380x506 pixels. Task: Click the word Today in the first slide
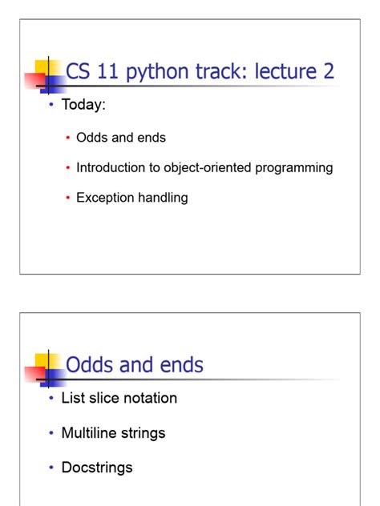pos(83,106)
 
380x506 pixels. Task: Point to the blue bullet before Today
pos(51,106)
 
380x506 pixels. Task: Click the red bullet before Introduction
pos(68,168)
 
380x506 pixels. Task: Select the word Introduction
pos(113,167)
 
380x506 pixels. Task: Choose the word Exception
pos(106,197)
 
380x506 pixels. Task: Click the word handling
pos(164,197)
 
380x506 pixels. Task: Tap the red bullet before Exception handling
pos(68,198)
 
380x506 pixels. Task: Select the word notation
pos(148,398)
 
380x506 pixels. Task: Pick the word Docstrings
pos(97,468)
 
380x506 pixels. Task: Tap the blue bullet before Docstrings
pos(51,468)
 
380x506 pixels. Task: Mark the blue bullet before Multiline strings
pos(51,433)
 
